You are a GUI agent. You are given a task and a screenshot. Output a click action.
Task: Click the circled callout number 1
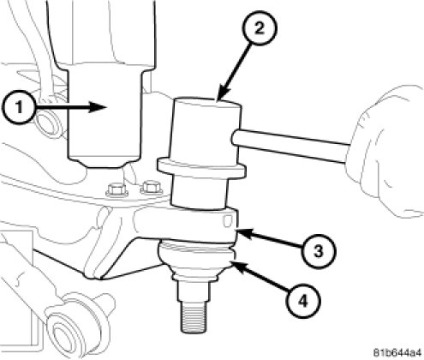19,107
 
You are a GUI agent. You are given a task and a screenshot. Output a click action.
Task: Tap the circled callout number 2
260,28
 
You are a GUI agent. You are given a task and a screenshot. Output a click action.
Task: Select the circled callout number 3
319,251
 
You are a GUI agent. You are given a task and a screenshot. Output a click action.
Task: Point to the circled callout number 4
303,301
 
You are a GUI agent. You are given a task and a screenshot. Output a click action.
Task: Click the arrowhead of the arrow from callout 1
98,107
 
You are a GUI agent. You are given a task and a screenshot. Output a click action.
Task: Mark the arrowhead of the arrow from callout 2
224,93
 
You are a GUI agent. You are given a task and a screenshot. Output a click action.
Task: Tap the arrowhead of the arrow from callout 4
241,267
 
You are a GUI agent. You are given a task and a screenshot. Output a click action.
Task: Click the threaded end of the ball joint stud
194,318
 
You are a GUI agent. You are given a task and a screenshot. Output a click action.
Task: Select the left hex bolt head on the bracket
116,189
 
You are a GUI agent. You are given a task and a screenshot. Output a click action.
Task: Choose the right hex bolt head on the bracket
151,187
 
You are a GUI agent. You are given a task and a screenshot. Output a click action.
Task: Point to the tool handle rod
290,146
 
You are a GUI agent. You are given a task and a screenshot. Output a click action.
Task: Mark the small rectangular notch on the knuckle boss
228,221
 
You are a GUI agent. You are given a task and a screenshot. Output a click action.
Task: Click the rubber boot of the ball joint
196,260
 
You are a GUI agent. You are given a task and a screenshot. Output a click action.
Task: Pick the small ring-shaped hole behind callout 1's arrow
48,123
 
